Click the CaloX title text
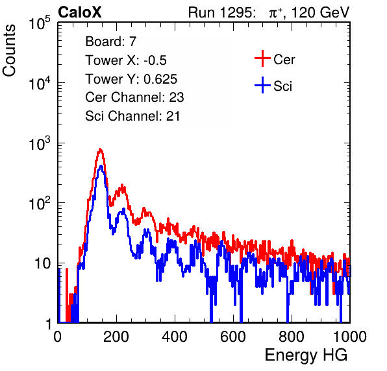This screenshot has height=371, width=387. pyautogui.click(x=80, y=12)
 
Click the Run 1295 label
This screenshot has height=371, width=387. pyautogui.click(x=221, y=12)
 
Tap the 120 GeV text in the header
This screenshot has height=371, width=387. pyautogui.click(x=321, y=12)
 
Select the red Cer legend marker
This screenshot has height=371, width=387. pyautogui.click(x=262, y=58)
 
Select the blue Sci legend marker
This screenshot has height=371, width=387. pyautogui.click(x=262, y=85)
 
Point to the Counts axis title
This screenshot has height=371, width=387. pyautogui.click(x=9, y=51)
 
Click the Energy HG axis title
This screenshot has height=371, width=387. pyautogui.click(x=306, y=355)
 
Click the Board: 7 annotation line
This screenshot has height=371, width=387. pyautogui.click(x=111, y=41)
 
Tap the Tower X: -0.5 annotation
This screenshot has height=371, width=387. pyautogui.click(x=126, y=60)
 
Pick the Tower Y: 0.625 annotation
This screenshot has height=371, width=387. pyautogui.click(x=131, y=79)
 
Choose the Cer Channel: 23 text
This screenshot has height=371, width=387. pyautogui.click(x=134, y=97)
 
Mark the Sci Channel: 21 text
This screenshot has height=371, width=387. pyautogui.click(x=132, y=116)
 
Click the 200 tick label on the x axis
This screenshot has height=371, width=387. pyautogui.click(x=116, y=337)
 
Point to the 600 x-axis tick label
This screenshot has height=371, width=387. pyautogui.click(x=233, y=337)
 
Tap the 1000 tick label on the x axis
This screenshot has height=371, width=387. pyautogui.click(x=350, y=337)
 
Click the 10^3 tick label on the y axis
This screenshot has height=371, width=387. pyautogui.click(x=40, y=143)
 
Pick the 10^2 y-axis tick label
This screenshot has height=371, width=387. pyautogui.click(x=40, y=203)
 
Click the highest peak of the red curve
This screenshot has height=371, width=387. pyautogui.click(x=100, y=149)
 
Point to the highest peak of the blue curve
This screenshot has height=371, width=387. pyautogui.click(x=101, y=166)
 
